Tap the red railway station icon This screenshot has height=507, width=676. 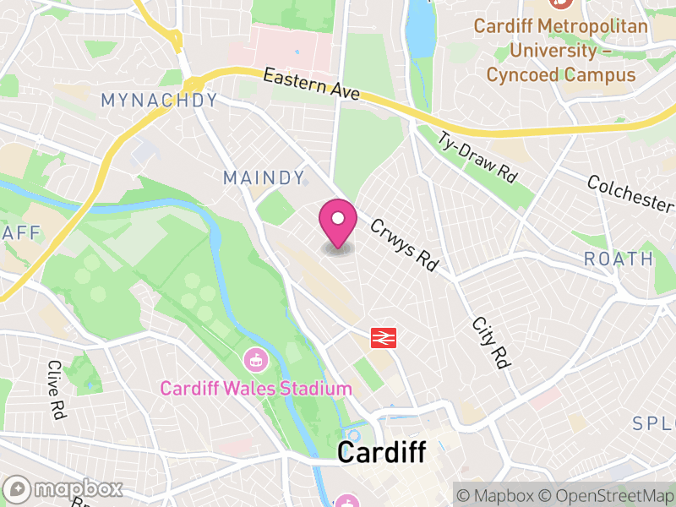pyautogui.click(x=384, y=338)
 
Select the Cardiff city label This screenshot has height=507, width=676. pyautogui.click(x=381, y=452)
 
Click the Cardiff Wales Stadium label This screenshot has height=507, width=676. pyautogui.click(x=256, y=389)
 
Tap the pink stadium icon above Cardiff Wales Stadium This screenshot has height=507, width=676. pyautogui.click(x=254, y=360)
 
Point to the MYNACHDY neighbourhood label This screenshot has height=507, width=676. pyautogui.click(x=159, y=101)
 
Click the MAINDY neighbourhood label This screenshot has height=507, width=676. pyautogui.click(x=264, y=177)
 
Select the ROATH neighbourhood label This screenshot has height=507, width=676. pyautogui.click(x=619, y=259)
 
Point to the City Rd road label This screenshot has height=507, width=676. pyautogui.click(x=491, y=342)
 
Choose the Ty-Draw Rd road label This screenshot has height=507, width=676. pyautogui.click(x=477, y=158)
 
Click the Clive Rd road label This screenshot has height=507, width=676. pyautogui.click(x=57, y=390)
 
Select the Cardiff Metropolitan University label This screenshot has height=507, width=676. pyautogui.click(x=560, y=51)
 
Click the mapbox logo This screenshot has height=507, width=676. pyautogui.click(x=64, y=489)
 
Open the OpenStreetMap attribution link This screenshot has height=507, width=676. pyautogui.click(x=607, y=495)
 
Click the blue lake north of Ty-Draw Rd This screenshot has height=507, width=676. pyautogui.click(x=419, y=30)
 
